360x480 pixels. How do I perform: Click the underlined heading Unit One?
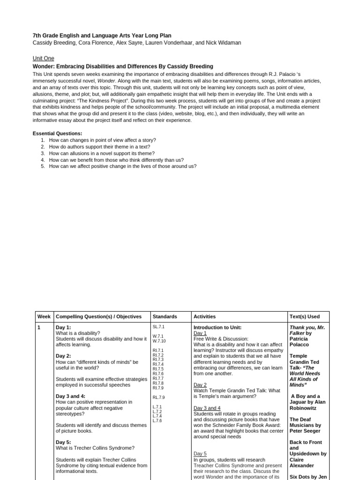pos(43,59)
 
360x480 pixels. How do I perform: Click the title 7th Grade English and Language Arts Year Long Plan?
pos(102,36)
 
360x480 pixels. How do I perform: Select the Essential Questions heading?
pos(57,134)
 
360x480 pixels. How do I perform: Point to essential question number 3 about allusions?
pos(102,153)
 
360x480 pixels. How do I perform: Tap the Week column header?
pos(44,317)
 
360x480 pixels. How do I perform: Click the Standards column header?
pos(165,317)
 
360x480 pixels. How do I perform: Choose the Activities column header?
pos(204,317)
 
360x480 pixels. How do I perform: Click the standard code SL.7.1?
pos(158,327)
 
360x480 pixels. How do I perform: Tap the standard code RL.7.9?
pos(158,397)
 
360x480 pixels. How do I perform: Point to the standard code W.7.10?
pos(159,341)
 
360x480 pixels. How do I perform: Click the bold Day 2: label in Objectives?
pos(63,356)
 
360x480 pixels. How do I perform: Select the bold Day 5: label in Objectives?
pos(63,442)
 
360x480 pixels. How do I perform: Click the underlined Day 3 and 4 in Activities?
pos(207,408)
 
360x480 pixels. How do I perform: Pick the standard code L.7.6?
pos(157,420)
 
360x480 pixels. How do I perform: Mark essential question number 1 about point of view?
pos(103,140)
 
